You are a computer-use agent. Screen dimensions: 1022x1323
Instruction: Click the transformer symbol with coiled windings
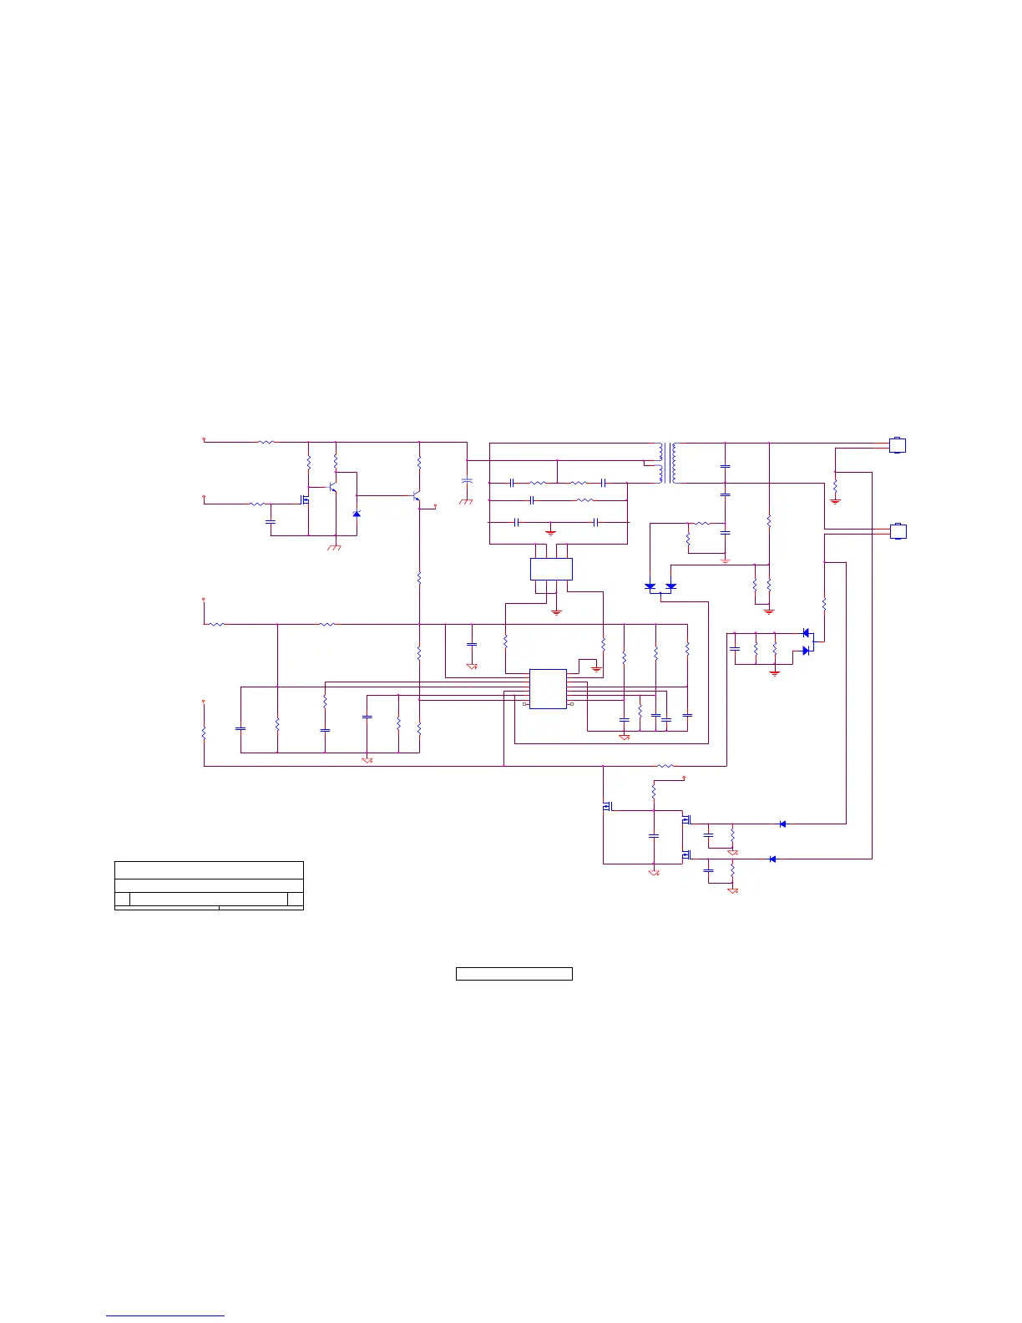pyautogui.click(x=667, y=463)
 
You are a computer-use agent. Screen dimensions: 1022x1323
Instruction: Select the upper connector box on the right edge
pyautogui.click(x=897, y=445)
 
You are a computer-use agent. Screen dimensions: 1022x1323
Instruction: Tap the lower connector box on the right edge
pyautogui.click(x=897, y=530)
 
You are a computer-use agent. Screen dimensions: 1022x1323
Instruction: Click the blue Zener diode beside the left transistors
pyautogui.click(x=357, y=513)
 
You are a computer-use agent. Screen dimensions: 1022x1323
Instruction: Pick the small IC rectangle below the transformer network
pyautogui.click(x=551, y=570)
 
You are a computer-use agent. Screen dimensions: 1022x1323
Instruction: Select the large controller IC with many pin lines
pyautogui.click(x=548, y=688)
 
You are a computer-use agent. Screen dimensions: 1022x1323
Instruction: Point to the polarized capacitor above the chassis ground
pyautogui.click(x=467, y=482)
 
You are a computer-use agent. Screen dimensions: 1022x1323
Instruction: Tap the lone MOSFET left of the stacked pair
pyautogui.click(x=607, y=806)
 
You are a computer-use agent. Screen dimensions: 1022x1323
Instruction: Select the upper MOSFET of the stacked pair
pyautogui.click(x=686, y=820)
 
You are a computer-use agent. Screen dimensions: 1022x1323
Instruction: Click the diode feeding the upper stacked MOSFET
pyautogui.click(x=782, y=824)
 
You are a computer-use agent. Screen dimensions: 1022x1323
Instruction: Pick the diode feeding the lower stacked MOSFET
pyautogui.click(x=772, y=859)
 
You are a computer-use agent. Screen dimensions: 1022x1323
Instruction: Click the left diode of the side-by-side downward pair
pyautogui.click(x=650, y=586)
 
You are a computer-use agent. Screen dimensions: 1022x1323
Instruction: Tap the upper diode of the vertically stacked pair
pyautogui.click(x=806, y=632)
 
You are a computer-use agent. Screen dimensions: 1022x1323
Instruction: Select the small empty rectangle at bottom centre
pyautogui.click(x=514, y=973)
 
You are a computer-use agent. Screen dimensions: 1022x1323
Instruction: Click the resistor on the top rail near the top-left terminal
pyautogui.click(x=266, y=442)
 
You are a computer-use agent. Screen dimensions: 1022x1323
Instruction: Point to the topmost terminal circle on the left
pyautogui.click(x=205, y=438)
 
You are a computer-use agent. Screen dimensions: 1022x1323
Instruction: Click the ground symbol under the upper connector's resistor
pyautogui.click(x=836, y=500)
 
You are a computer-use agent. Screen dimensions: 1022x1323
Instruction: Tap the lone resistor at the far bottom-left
pyautogui.click(x=204, y=732)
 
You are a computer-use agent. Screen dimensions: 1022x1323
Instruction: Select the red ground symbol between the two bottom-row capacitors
pyautogui.click(x=550, y=531)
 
